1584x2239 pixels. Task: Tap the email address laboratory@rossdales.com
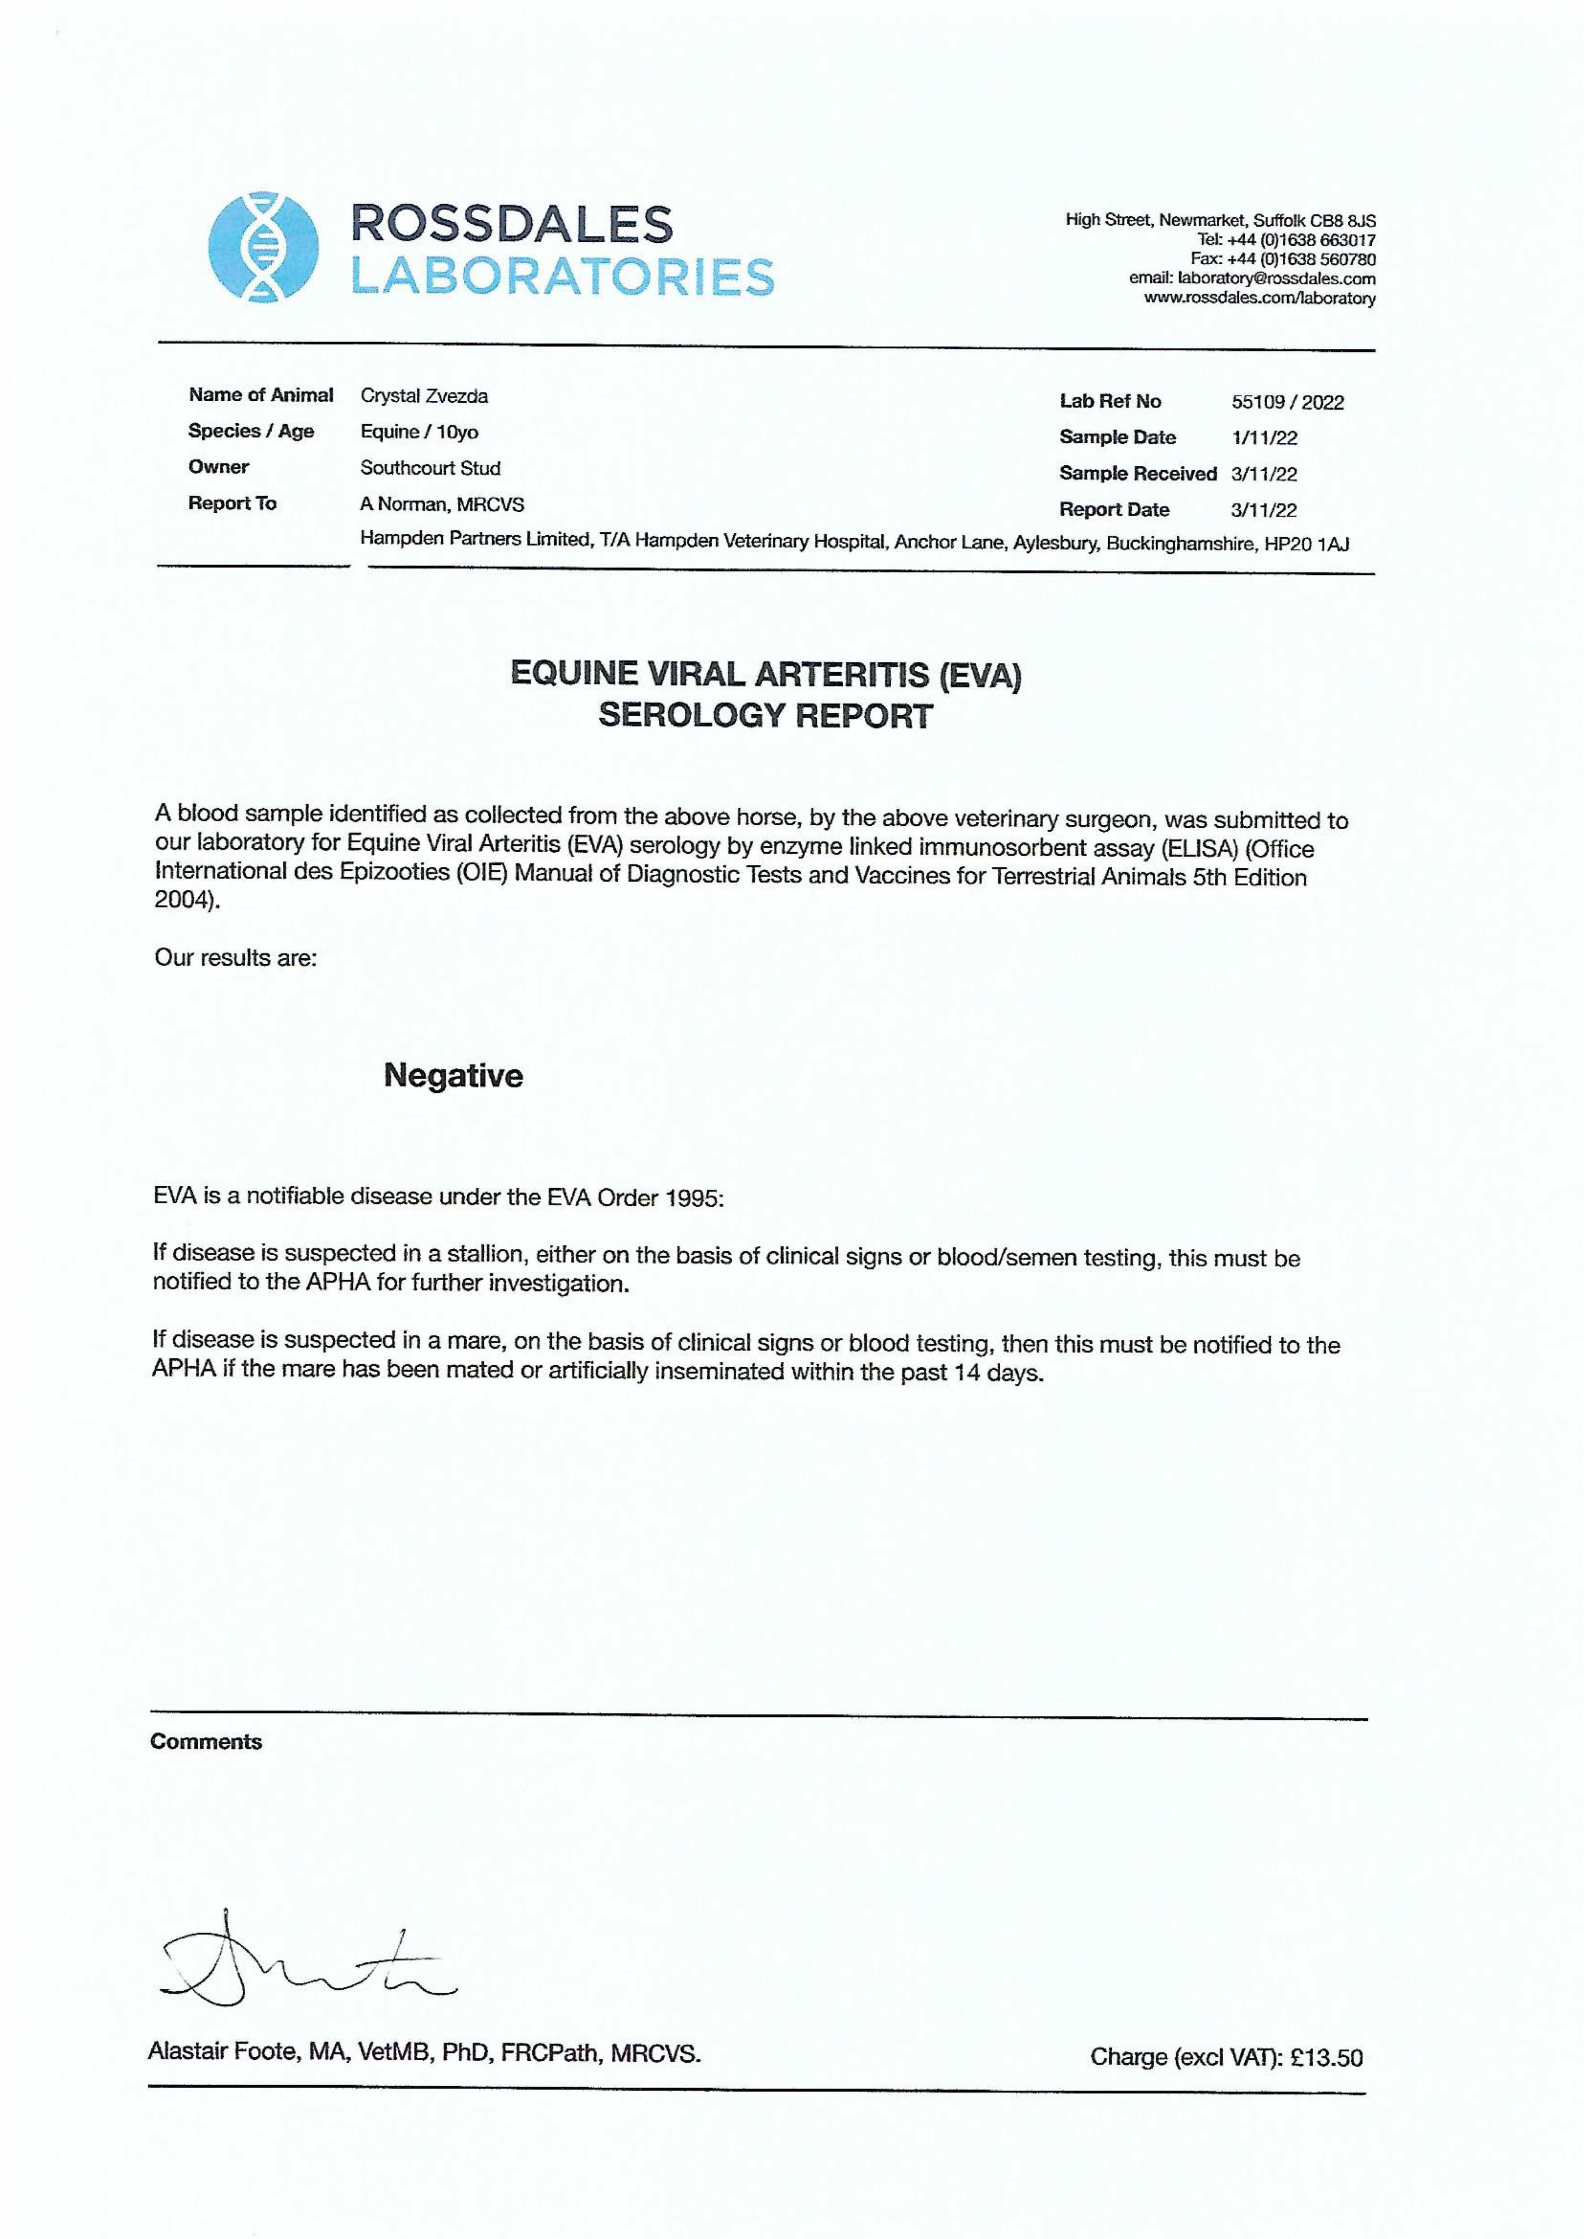(1277, 278)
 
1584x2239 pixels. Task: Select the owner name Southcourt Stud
(430, 468)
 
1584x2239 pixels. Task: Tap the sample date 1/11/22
(1264, 438)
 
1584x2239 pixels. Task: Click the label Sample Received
(1137, 474)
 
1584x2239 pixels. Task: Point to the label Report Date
(1114, 510)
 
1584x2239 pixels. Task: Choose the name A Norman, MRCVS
(442, 504)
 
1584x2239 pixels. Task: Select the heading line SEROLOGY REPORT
(764, 716)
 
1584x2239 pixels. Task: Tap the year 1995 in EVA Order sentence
(692, 1198)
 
